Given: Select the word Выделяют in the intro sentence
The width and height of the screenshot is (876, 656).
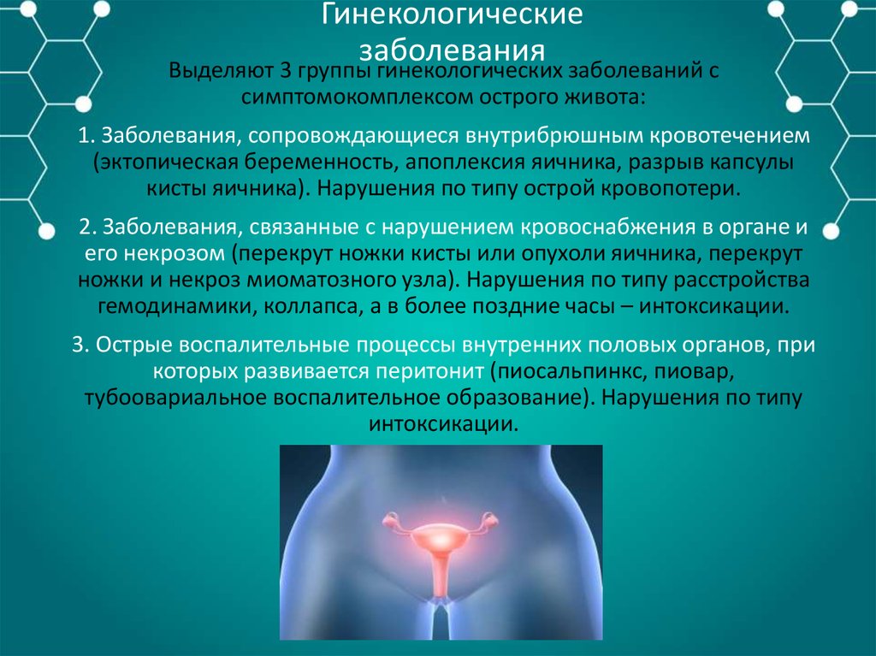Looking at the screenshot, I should point(216,71).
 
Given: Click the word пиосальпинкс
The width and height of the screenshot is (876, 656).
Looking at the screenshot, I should point(565,372).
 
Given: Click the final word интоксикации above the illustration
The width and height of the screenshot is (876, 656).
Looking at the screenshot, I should point(444,423).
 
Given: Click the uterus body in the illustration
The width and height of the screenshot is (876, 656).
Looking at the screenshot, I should point(441,543).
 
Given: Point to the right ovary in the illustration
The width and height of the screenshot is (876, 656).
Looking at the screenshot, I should point(489,522).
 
